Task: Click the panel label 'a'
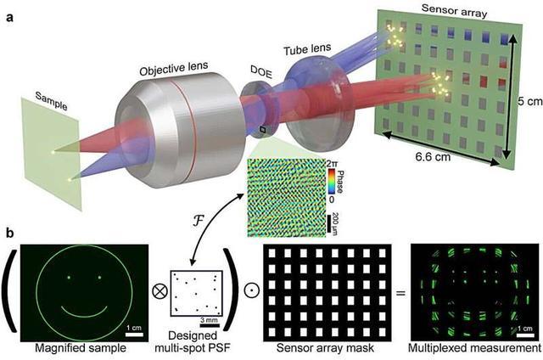9,17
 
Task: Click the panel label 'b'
9,233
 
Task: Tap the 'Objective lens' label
174,68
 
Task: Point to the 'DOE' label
261,72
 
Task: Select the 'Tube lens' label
307,49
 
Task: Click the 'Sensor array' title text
455,10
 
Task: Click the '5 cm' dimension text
529,102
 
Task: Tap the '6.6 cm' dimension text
433,157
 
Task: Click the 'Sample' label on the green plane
52,101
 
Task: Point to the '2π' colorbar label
332,163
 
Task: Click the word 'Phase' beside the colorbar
340,182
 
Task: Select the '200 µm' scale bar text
335,224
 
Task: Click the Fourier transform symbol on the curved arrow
198,221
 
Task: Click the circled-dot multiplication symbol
252,291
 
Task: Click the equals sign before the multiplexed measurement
400,294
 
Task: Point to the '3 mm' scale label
210,320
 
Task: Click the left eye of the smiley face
69,278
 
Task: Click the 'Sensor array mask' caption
325,348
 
